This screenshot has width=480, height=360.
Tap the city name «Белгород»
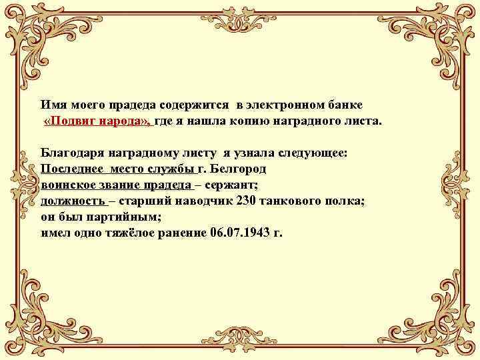[x=238, y=169]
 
